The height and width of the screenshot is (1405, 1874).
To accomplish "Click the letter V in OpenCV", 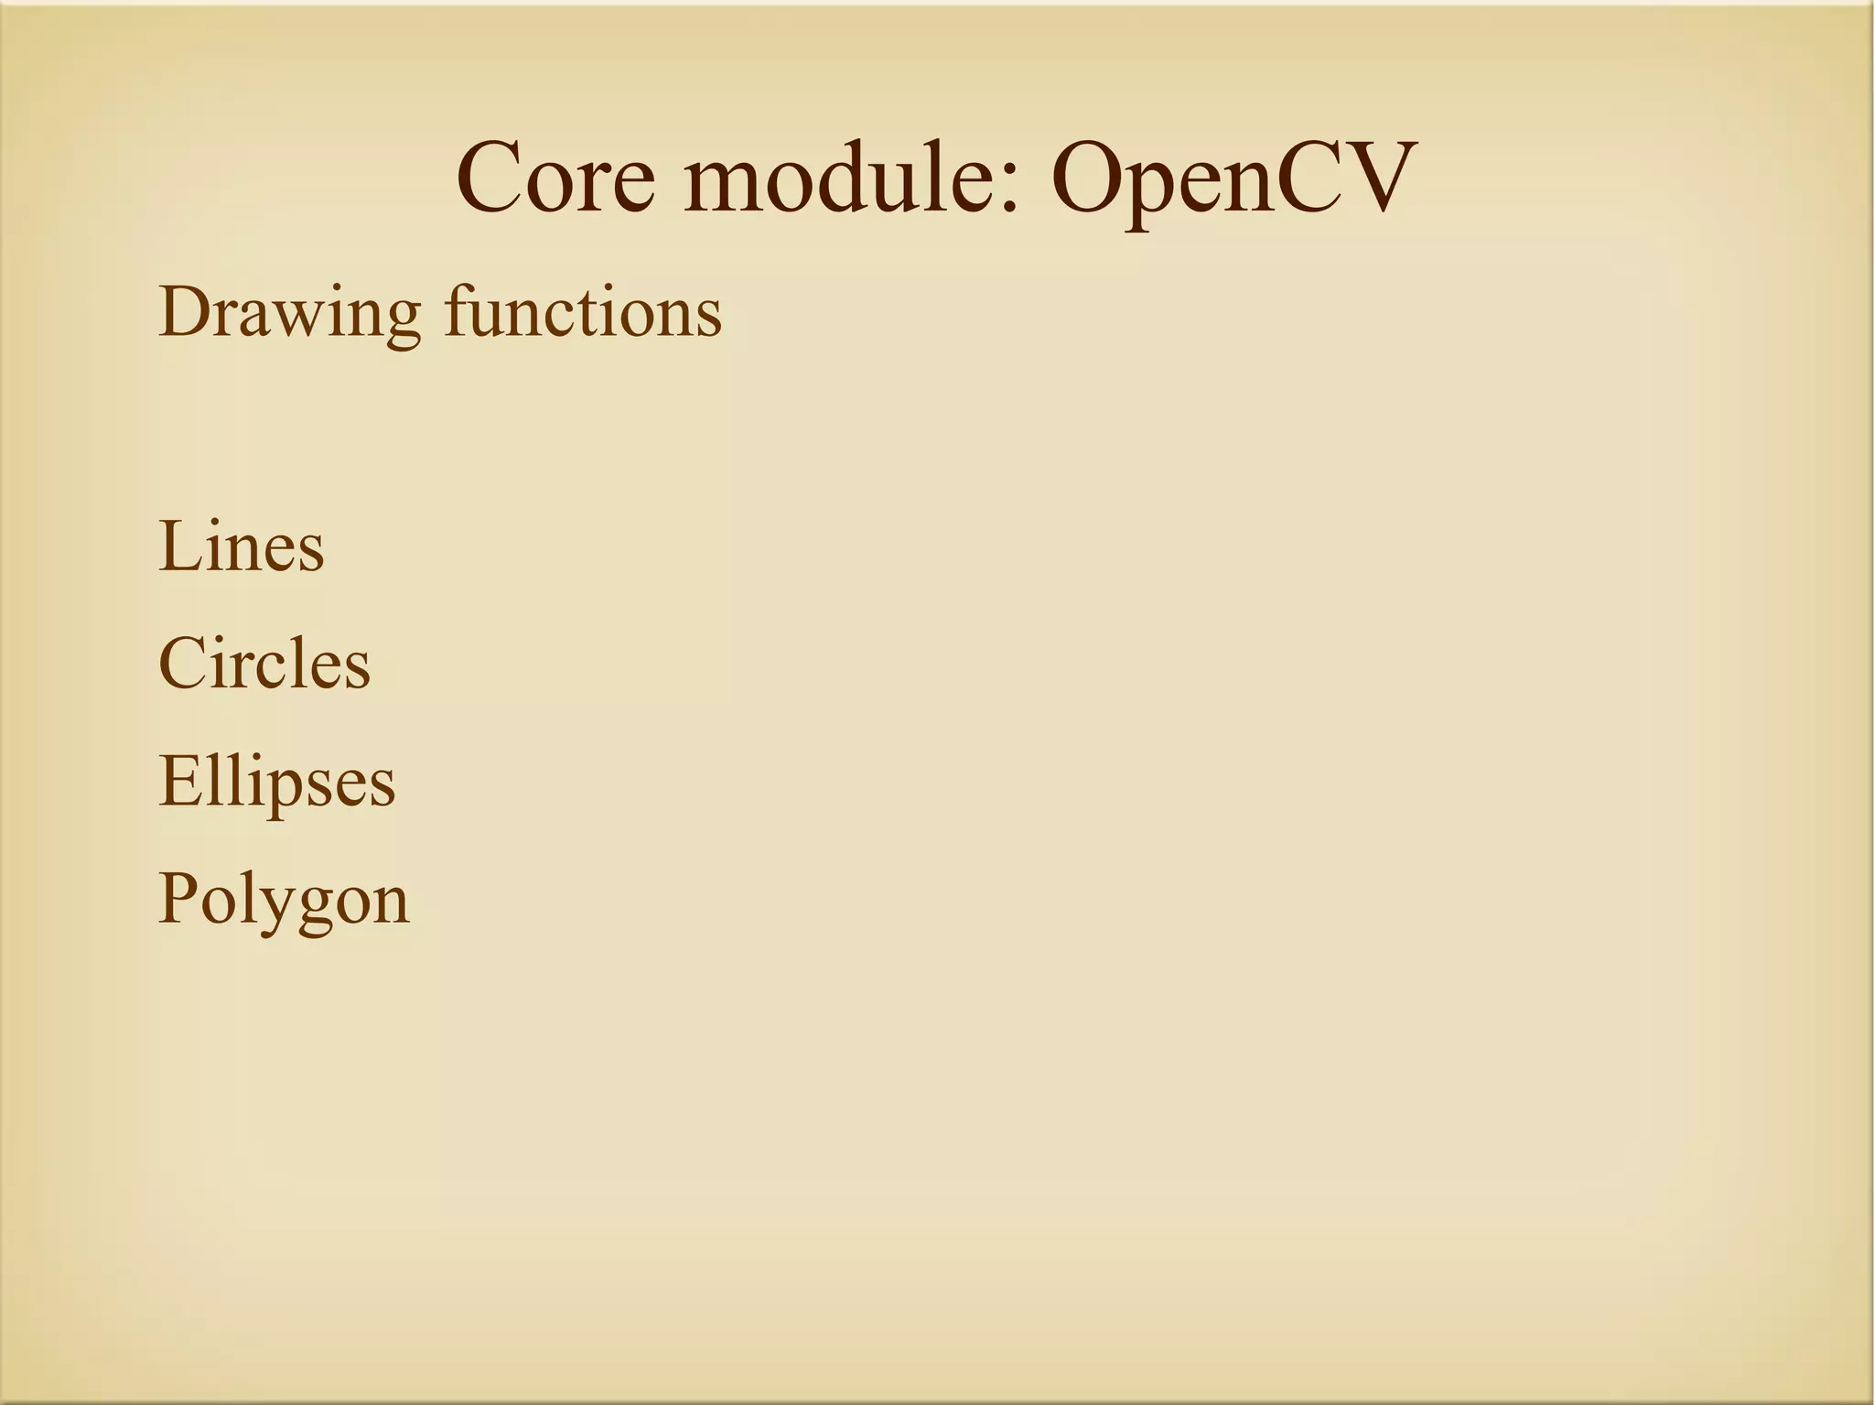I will (x=1371, y=177).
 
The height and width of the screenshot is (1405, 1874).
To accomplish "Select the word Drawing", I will (x=289, y=314).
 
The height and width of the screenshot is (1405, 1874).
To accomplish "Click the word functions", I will (x=584, y=312).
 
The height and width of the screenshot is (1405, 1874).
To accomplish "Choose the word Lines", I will (x=242, y=546).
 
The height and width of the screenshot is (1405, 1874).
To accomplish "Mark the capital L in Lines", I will (x=178, y=546).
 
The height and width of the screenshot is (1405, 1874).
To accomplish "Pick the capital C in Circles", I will (x=182, y=663).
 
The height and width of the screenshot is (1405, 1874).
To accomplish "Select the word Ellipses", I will (x=277, y=783).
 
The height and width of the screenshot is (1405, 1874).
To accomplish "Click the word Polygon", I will (x=284, y=900).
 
